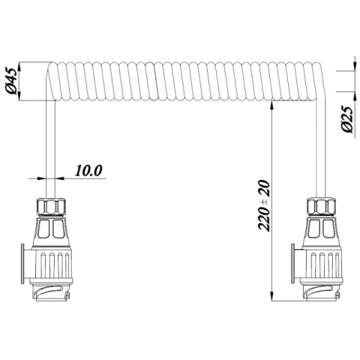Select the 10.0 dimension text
[88, 169]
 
